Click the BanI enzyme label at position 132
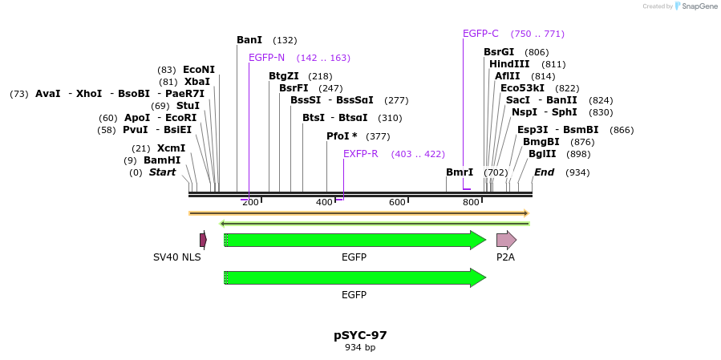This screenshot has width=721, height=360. tap(249, 40)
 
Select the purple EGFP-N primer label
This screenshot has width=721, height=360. tap(266, 58)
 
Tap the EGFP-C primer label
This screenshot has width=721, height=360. tap(480, 34)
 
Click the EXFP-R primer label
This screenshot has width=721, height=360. tap(360, 154)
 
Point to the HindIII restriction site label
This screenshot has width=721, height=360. tap(509, 64)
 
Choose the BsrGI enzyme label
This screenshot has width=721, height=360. tap(499, 52)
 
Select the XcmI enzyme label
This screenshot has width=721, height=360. tap(171, 148)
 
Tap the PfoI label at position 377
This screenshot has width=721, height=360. tap(342, 136)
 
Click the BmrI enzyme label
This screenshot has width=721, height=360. tap(460, 172)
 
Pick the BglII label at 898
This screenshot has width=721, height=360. tap(542, 154)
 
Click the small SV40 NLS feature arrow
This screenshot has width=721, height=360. tap(203, 240)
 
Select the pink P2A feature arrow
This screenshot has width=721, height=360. tap(506, 240)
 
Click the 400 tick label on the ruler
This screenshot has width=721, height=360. tap(324, 202)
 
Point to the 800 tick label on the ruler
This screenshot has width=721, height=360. tap(471, 202)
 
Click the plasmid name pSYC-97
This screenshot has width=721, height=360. tap(360, 335)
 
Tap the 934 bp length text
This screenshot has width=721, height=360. tap(360, 348)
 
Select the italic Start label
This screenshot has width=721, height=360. tap(162, 172)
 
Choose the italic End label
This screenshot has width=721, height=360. tap(544, 172)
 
